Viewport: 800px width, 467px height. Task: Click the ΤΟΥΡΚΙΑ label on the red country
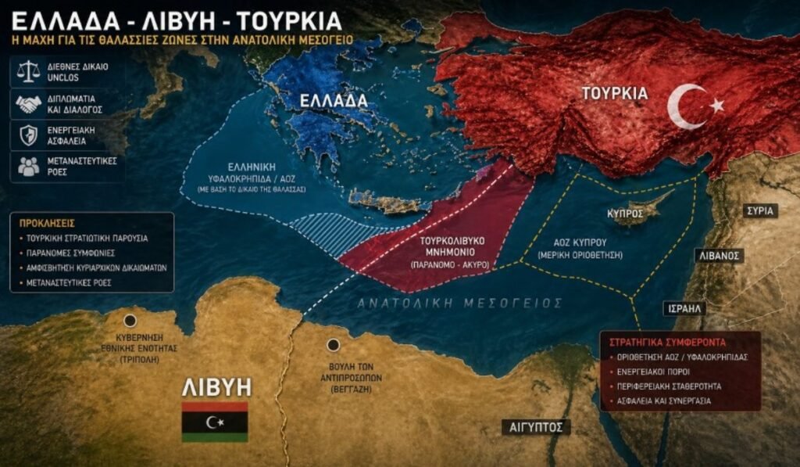click(615, 94)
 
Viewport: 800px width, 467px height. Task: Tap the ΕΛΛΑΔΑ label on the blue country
click(337, 101)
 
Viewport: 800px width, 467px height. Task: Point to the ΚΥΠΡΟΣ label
click(625, 213)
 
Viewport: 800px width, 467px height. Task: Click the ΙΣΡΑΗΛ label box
click(684, 308)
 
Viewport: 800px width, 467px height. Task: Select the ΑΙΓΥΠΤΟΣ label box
click(535, 427)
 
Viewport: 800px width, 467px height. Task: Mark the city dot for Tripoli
click(130, 320)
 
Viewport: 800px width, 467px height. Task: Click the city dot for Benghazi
click(334, 345)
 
